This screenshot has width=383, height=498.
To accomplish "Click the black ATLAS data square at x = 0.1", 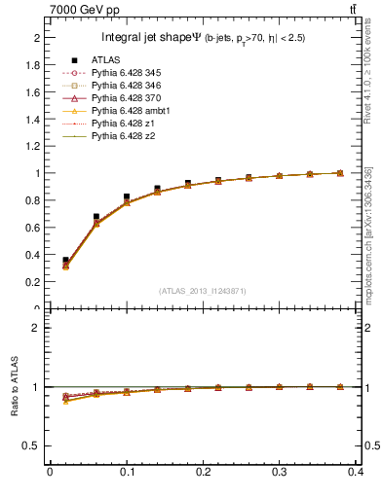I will coord(127,196).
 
